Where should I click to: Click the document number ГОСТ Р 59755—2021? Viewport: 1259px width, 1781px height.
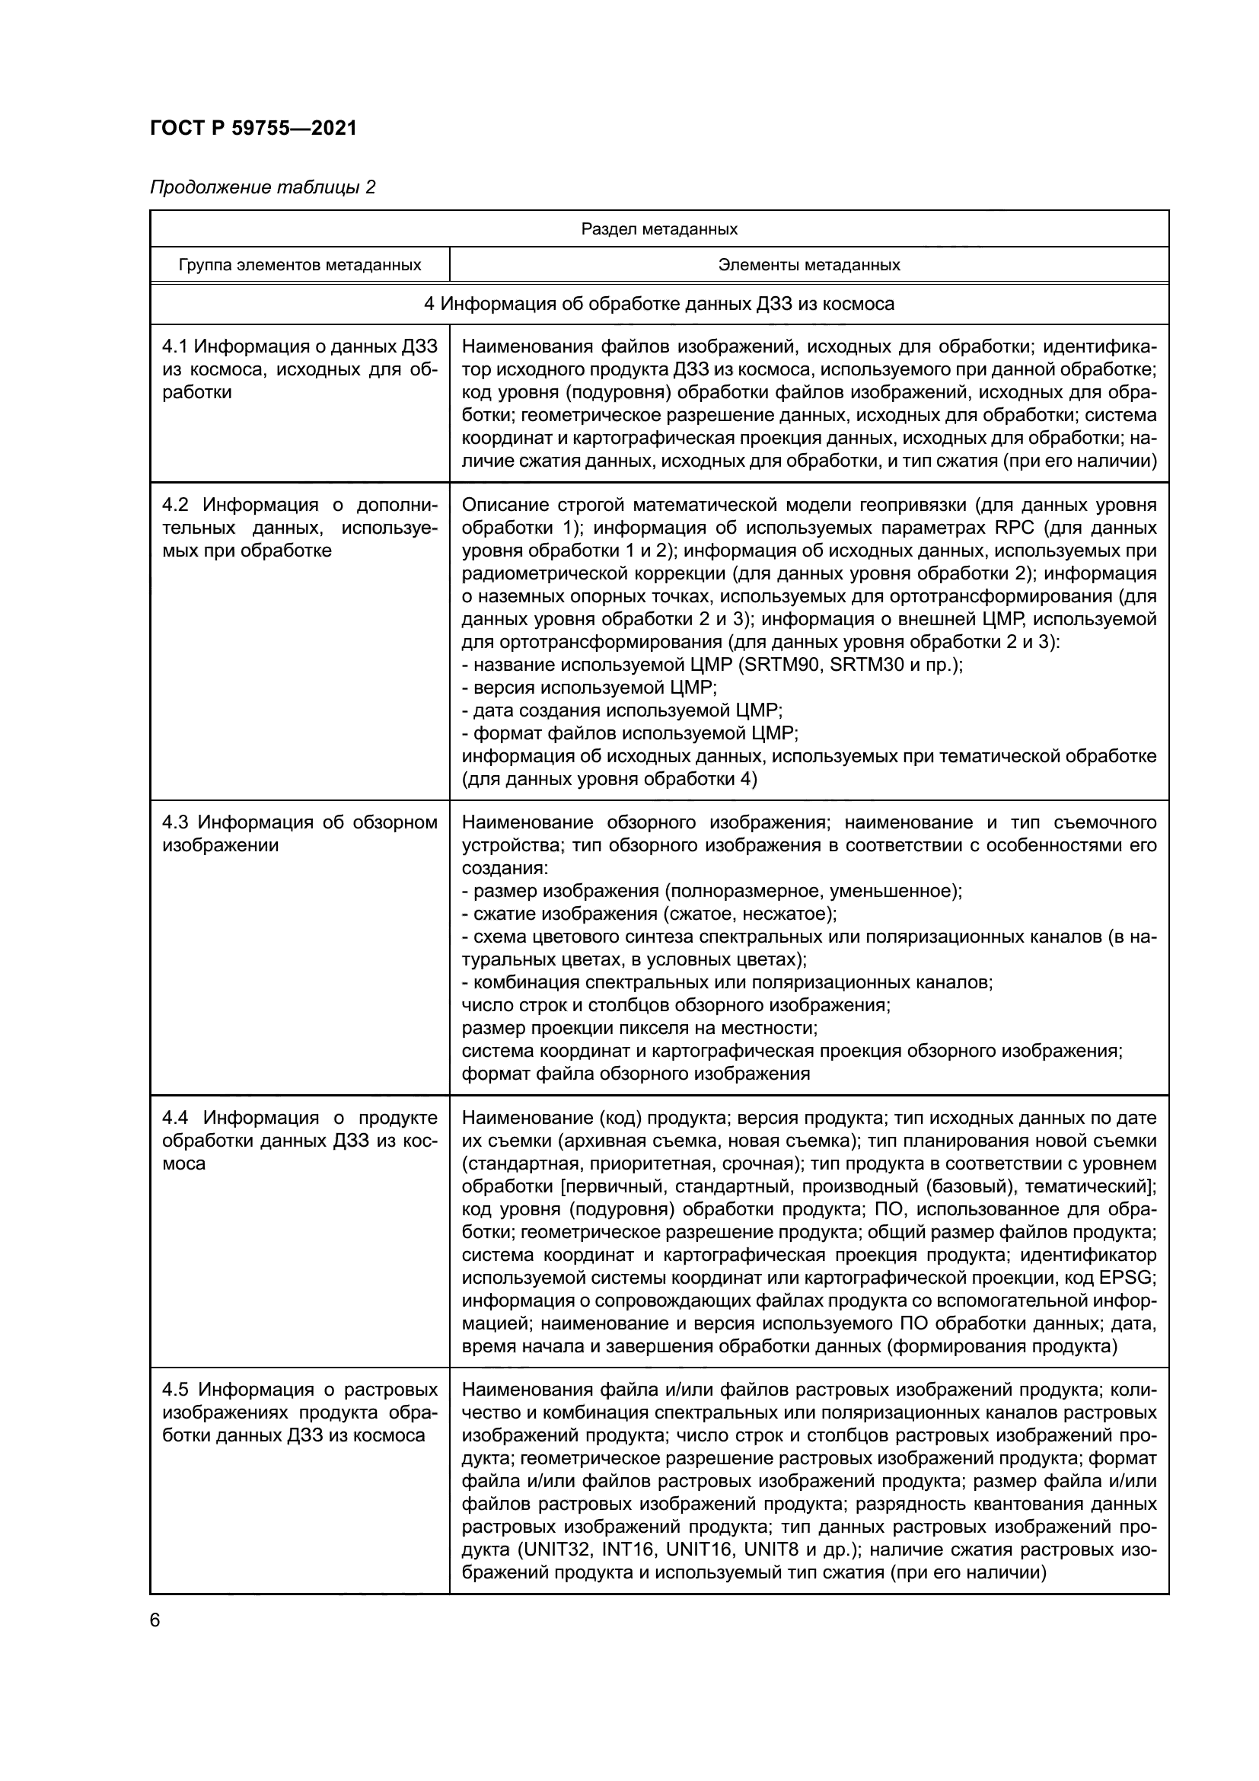click(253, 129)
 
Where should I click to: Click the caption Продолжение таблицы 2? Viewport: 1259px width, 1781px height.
click(262, 187)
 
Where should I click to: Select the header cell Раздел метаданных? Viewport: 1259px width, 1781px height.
click(659, 229)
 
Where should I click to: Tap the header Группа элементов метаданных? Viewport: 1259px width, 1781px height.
click(299, 265)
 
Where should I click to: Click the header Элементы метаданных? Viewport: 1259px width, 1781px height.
click(808, 265)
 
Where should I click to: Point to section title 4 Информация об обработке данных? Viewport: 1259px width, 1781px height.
click(659, 303)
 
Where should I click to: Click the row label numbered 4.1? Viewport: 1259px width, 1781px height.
click(299, 369)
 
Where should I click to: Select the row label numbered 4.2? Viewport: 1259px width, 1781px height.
click(299, 528)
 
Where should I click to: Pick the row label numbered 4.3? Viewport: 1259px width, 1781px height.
click(299, 833)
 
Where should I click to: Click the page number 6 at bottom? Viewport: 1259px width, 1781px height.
click(155, 1620)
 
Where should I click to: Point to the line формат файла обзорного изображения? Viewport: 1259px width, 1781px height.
click(636, 1074)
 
